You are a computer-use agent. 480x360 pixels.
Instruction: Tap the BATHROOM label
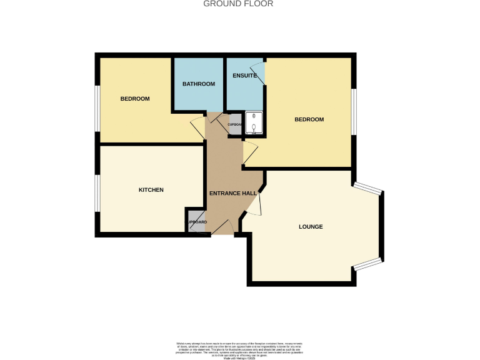click(199, 84)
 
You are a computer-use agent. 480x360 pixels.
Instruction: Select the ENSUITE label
click(244, 76)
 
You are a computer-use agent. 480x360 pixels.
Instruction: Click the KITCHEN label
click(151, 189)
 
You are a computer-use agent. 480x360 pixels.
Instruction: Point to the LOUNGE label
click(311, 226)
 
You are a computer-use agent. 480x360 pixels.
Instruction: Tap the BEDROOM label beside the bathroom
click(135, 99)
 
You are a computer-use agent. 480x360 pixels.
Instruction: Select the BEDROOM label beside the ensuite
click(309, 119)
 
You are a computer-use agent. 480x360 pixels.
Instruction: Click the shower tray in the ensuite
click(254, 123)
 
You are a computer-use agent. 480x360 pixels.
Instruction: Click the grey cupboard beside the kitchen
click(195, 222)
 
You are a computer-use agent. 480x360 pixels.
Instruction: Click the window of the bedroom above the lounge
click(354, 111)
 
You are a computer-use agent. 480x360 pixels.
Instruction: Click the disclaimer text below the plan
click(240, 347)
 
